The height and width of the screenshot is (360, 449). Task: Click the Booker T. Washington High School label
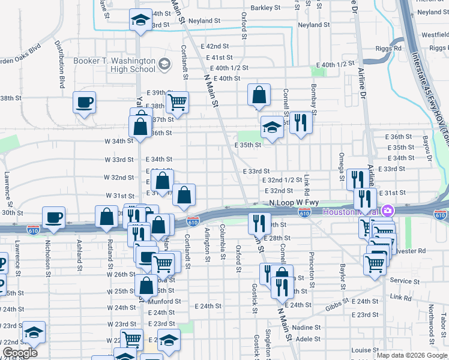click(x=114, y=65)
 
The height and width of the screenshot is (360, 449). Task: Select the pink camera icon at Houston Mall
click(x=388, y=211)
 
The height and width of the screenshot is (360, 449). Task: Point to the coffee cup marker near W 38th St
click(x=84, y=102)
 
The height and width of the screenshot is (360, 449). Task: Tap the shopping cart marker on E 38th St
click(x=177, y=103)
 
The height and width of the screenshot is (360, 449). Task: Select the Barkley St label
click(x=266, y=8)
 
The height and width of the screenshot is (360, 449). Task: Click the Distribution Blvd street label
click(x=60, y=64)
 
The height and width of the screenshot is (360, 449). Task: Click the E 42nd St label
click(x=215, y=46)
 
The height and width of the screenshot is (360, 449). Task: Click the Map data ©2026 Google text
click(x=411, y=355)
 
